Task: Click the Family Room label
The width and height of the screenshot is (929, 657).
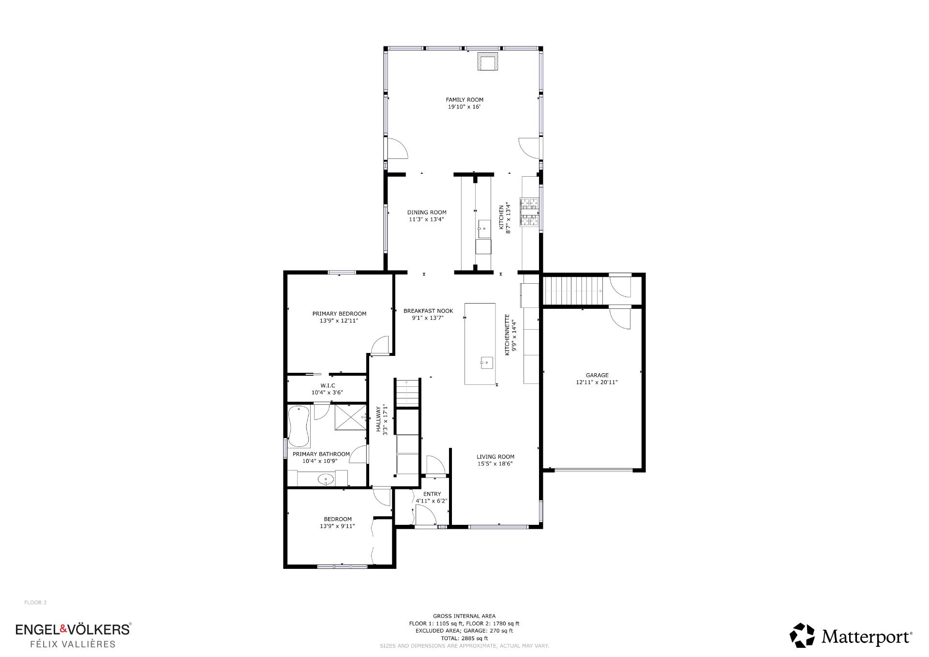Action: [464, 100]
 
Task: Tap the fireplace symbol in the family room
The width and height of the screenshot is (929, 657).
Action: [486, 61]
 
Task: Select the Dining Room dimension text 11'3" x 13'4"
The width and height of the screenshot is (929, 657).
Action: [426, 219]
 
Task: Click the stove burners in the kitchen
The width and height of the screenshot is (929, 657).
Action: [529, 212]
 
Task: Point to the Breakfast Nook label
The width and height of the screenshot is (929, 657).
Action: [428, 311]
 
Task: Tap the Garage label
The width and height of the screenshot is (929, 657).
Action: [597, 375]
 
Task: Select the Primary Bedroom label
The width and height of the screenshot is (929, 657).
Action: [339, 314]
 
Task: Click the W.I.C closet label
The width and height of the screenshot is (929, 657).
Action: [328, 386]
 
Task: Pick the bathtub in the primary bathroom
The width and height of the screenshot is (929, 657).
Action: [299, 427]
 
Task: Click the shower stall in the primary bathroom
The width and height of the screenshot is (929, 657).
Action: [351, 416]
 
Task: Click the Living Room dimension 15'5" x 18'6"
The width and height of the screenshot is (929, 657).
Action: [495, 463]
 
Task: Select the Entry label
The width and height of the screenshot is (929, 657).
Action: [432, 494]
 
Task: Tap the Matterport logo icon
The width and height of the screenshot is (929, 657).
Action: [802, 636]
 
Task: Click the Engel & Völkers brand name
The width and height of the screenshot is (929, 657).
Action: [73, 629]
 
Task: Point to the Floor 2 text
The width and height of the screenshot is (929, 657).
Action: [35, 603]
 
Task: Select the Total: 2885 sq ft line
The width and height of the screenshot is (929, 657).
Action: [464, 638]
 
